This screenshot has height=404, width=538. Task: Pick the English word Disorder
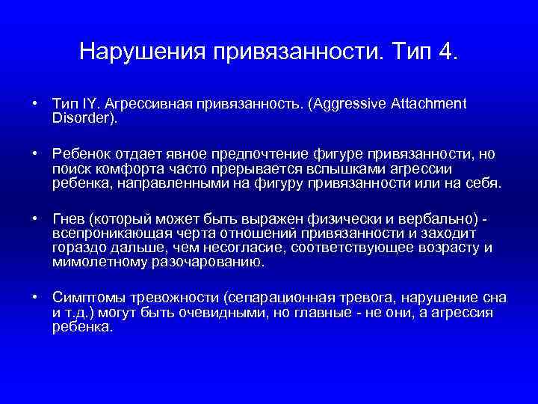coord(81,118)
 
